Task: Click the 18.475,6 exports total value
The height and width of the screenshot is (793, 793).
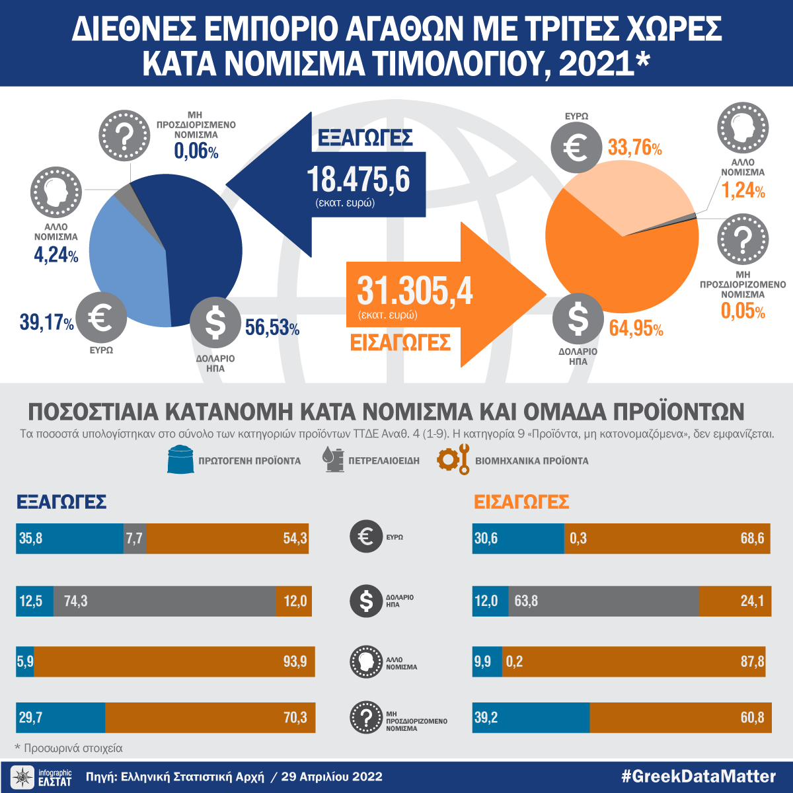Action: (x=358, y=180)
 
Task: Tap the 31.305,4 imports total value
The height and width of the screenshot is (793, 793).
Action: (x=415, y=291)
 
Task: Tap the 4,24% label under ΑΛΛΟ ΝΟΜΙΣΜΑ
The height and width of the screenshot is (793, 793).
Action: (x=56, y=255)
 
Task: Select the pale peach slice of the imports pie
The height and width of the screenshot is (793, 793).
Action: (x=615, y=198)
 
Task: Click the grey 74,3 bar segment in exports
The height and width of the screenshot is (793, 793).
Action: (x=165, y=601)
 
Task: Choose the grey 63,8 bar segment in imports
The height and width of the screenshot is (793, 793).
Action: (x=603, y=601)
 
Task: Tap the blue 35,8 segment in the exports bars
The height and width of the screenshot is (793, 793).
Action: (x=69, y=539)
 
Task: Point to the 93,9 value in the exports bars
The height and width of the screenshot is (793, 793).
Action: (x=295, y=661)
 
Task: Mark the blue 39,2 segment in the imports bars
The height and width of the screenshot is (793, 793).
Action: (x=531, y=718)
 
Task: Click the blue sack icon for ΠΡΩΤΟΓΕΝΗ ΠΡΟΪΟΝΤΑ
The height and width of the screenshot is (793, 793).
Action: (x=179, y=460)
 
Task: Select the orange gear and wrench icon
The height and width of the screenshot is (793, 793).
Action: (x=453, y=459)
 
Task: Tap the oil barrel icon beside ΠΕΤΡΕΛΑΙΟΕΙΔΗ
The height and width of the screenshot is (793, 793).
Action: (x=334, y=459)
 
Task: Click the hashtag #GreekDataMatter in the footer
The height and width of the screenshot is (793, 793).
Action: (x=698, y=776)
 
